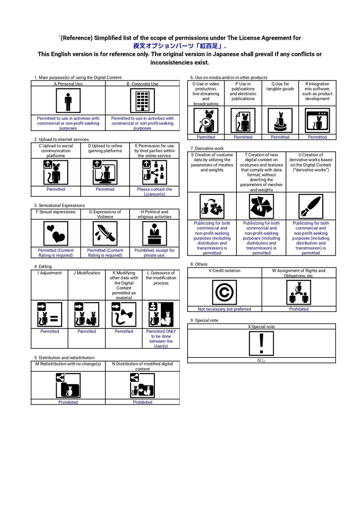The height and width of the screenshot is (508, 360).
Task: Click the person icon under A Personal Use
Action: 68,101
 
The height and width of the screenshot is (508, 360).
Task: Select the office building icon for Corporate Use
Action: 143,101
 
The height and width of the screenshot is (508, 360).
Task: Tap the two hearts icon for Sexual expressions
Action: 56,233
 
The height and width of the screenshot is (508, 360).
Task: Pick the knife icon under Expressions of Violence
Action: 105,233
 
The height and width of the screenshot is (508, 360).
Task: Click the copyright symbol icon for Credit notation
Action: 224,292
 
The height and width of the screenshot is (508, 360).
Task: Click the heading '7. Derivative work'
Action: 207,148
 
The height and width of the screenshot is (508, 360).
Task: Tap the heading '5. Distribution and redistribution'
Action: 64,357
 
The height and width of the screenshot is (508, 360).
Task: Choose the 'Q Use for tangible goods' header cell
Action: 280,87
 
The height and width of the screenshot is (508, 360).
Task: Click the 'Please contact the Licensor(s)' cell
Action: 154,191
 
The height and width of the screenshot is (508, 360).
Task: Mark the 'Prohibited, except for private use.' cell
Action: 154,253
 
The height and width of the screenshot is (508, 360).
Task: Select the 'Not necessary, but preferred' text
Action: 224,309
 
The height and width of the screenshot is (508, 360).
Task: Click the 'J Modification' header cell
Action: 86,273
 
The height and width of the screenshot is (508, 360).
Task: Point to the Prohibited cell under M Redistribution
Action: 68,402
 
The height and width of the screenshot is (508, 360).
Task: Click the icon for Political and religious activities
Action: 154,233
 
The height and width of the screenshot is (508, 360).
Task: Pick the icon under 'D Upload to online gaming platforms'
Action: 105,172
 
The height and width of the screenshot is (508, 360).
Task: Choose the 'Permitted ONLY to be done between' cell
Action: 161,338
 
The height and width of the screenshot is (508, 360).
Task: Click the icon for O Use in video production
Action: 206,121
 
